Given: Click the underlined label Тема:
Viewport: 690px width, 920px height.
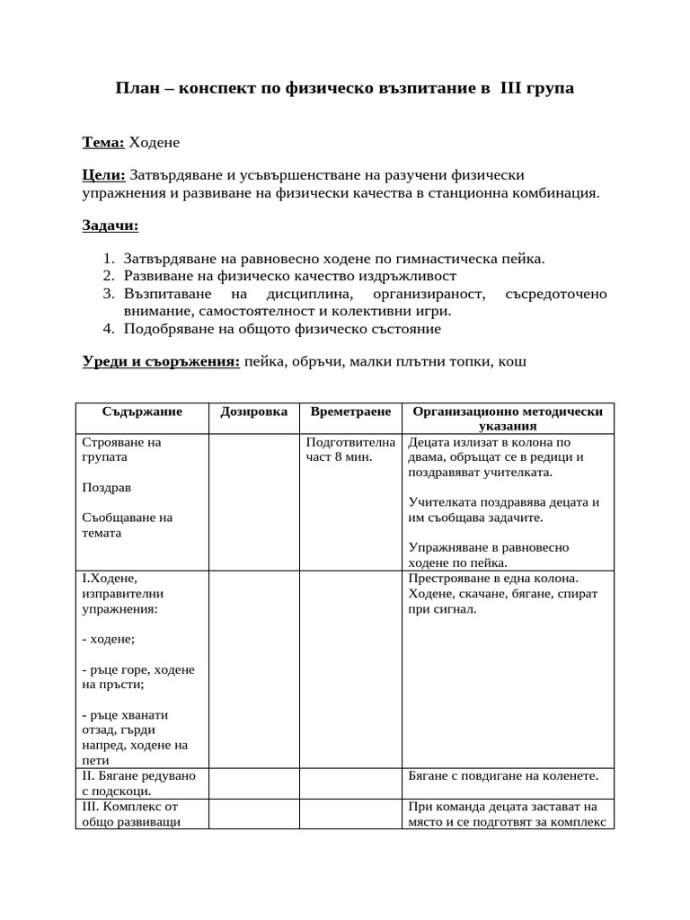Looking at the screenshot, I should point(103,142).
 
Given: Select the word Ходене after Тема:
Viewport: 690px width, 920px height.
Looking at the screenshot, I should point(155,142).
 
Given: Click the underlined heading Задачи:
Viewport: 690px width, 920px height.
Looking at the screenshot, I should point(111,225).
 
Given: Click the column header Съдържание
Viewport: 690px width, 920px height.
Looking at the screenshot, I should point(142,411).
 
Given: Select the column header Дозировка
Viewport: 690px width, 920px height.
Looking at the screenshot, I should point(253,411).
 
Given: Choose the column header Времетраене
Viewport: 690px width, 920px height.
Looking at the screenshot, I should point(349,411).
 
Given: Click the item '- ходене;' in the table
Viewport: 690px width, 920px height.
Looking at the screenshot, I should point(108,639).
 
